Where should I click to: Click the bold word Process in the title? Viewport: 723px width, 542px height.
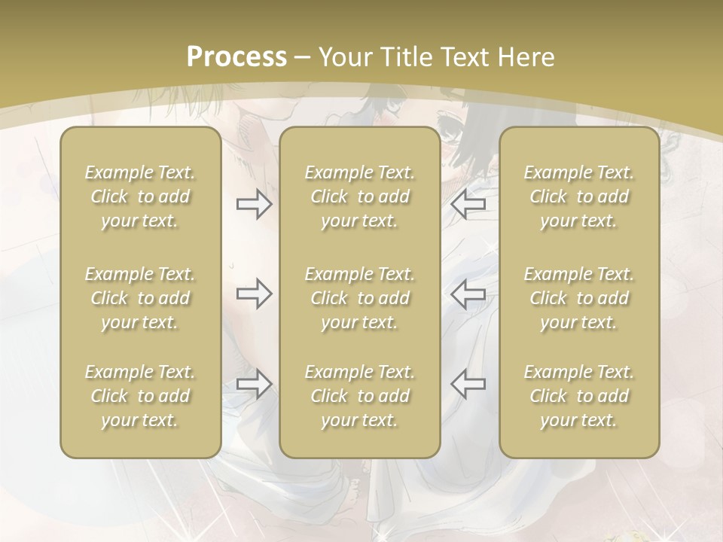236,57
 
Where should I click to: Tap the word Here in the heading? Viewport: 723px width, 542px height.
526,57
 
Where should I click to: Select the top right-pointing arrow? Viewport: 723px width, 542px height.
254,204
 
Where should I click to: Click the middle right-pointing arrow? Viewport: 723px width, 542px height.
254,294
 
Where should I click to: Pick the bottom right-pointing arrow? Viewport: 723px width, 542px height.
254,383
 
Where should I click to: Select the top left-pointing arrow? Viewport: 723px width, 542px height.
468,203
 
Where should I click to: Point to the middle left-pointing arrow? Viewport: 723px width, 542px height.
468,294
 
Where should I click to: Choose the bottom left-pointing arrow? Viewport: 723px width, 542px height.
468,383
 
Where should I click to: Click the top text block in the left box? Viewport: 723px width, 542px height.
140,196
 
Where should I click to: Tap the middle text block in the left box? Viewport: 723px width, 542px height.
140,298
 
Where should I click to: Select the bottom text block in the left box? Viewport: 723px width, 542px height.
140,396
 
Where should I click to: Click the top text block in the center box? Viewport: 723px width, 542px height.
359,196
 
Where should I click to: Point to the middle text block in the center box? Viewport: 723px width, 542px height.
359,298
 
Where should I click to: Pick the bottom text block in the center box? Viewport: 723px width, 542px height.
359,396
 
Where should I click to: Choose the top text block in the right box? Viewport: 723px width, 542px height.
578,196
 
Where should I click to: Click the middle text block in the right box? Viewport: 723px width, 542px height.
578,298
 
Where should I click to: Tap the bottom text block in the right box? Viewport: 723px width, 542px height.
578,396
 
